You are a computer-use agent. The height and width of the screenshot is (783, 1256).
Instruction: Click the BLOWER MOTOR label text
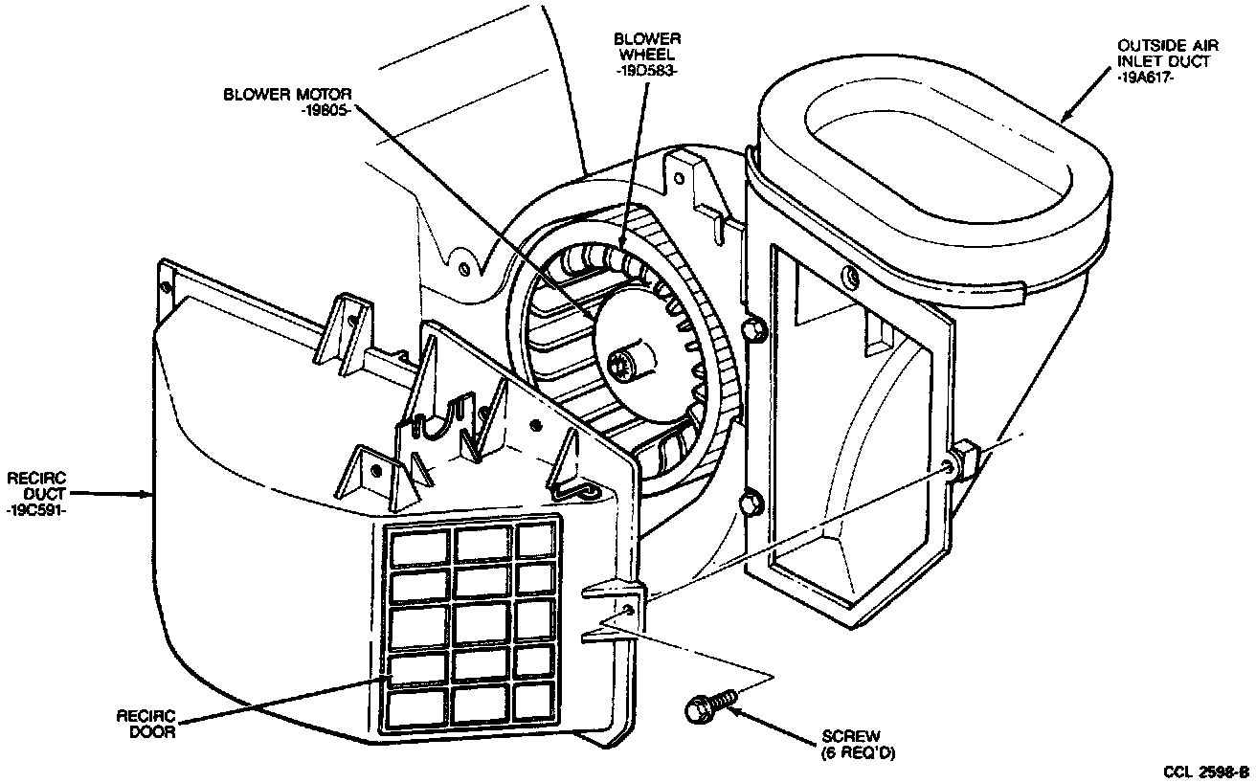pos(288,95)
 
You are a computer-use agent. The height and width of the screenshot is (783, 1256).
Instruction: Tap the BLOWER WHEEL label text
pos(648,46)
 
